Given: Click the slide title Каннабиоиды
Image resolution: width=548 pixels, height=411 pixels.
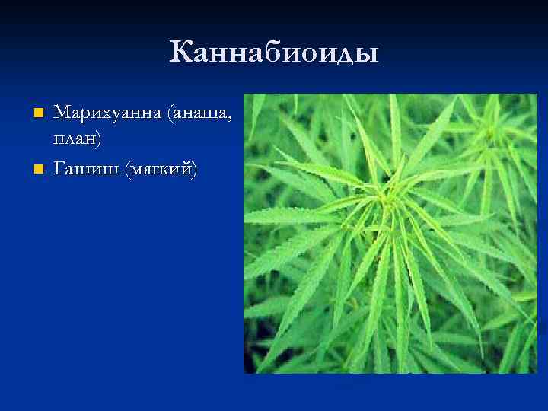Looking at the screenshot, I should pos(274,53).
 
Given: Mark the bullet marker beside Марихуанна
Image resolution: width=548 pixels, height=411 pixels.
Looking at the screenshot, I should pos(40,113).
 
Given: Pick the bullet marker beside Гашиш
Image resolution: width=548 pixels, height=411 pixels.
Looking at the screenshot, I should pos(40,167).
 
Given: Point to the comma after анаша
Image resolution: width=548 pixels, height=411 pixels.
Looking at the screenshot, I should pos(231,119).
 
